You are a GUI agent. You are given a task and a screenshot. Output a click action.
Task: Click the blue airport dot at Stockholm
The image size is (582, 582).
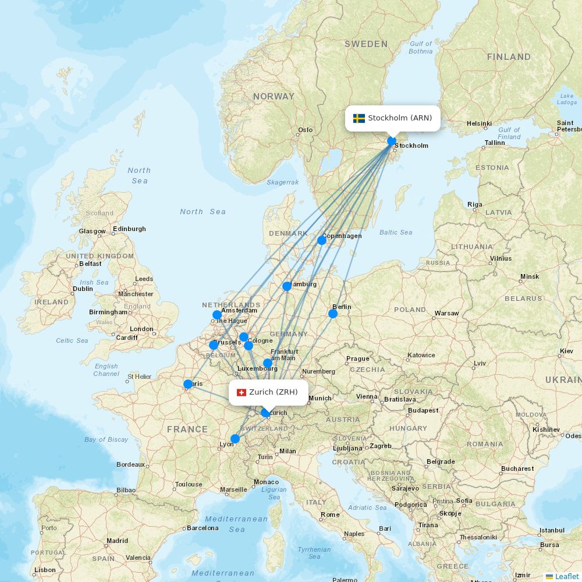(392, 141)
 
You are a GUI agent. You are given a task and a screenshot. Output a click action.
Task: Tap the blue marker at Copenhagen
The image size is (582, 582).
(321, 240)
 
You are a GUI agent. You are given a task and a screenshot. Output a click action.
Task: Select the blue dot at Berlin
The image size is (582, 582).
(333, 314)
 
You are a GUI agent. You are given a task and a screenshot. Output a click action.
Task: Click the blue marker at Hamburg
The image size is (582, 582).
(287, 286)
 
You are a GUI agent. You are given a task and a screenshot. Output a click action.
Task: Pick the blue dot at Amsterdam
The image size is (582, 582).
(217, 315)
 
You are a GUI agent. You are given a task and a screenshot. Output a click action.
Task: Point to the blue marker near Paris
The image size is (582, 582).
(188, 384)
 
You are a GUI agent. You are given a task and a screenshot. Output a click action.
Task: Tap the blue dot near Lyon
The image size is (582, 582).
(235, 439)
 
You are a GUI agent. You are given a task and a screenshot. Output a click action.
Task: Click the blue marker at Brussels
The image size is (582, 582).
(214, 345)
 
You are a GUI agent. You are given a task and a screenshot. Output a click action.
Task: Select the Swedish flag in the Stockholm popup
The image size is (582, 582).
(359, 118)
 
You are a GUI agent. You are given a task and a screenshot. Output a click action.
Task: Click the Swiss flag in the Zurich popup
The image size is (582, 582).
(242, 392)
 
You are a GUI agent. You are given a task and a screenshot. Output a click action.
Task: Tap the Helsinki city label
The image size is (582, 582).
(479, 123)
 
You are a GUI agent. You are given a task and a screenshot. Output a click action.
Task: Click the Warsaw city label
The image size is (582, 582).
(446, 313)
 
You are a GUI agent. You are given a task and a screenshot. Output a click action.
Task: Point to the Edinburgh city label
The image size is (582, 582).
(130, 229)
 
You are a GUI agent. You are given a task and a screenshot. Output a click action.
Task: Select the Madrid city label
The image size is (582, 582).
(117, 541)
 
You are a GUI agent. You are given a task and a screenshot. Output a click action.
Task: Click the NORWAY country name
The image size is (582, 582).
(274, 96)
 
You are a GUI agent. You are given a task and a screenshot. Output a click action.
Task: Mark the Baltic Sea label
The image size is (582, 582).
(396, 232)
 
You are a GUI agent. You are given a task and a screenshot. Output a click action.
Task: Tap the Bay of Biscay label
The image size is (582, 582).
(106, 439)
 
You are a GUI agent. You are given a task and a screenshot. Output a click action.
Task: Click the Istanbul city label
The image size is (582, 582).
(552, 530)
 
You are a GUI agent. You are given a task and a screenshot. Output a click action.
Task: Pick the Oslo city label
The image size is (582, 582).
(306, 130)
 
